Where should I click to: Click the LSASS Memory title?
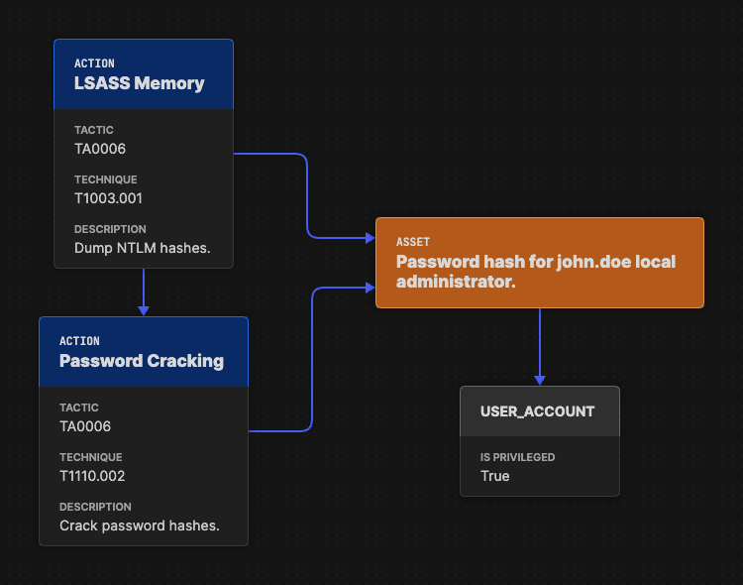[x=139, y=83]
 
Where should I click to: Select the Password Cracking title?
[x=141, y=361]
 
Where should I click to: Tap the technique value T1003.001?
[x=109, y=198]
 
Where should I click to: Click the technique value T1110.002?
[x=92, y=476]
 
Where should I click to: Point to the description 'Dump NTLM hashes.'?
[x=142, y=248]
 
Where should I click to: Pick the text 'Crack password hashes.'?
[x=139, y=526]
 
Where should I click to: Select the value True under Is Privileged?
[x=494, y=476]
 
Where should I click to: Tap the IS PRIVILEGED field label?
[x=517, y=457]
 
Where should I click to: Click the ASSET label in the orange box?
[x=413, y=242]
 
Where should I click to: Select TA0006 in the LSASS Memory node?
[x=100, y=149]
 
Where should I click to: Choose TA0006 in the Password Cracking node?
[x=85, y=426]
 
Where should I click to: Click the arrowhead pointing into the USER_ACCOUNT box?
[x=540, y=380]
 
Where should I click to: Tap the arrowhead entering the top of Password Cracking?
[x=144, y=310]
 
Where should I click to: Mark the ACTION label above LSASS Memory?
[x=94, y=63]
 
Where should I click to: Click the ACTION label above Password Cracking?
[x=79, y=341]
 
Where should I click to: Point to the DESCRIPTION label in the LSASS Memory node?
[x=110, y=229]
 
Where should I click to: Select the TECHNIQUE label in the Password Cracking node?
[x=91, y=457]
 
